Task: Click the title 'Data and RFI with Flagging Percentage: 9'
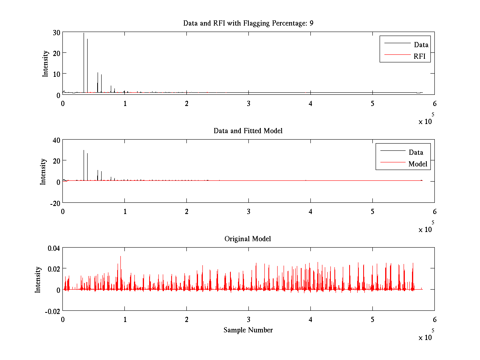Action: pyautogui.click(x=248, y=23)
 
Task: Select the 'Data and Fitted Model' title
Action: pyautogui.click(x=248, y=131)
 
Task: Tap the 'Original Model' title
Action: pyautogui.click(x=248, y=239)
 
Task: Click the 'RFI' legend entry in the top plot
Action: pyautogui.click(x=422, y=57)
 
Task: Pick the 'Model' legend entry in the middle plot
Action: pyautogui.click(x=418, y=164)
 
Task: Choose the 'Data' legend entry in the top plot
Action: pyautogui.click(x=421, y=45)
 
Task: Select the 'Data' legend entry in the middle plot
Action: pyautogui.click(x=416, y=152)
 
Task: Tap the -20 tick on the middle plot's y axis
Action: pyautogui.click(x=55, y=203)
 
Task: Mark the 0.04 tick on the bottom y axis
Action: pyautogui.click(x=53, y=248)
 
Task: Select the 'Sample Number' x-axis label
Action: pyautogui.click(x=248, y=330)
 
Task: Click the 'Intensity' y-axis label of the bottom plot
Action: pyautogui.click(x=38, y=279)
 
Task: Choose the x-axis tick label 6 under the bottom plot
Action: pyautogui.click(x=434, y=319)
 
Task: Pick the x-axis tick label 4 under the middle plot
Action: pyautogui.click(x=310, y=211)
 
